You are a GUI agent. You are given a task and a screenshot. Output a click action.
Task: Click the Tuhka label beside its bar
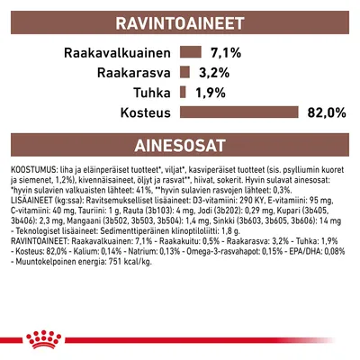tap(155, 93)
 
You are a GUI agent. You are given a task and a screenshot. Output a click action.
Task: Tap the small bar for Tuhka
tap(184, 93)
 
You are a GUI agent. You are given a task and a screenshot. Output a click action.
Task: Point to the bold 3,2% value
tap(215, 73)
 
